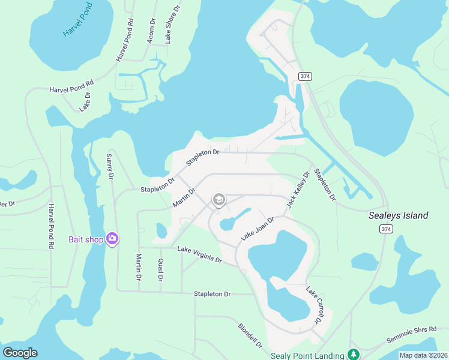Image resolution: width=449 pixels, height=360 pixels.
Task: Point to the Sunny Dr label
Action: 109,166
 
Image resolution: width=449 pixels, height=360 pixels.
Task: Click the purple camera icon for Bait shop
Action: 112,239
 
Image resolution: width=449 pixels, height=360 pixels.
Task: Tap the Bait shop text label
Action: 86,239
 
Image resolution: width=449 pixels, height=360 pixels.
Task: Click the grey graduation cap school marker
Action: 218,199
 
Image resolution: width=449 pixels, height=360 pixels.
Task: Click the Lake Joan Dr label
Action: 257,229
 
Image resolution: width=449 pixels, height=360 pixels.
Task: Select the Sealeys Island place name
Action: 398,215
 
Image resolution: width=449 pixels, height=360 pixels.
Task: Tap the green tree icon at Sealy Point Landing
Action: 354,355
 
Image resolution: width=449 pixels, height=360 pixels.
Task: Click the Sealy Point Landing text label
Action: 307,355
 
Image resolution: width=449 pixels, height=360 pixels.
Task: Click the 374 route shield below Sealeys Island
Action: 385,229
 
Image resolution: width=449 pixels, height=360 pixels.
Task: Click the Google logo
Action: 20,353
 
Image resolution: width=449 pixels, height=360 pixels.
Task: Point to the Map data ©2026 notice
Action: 423,355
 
